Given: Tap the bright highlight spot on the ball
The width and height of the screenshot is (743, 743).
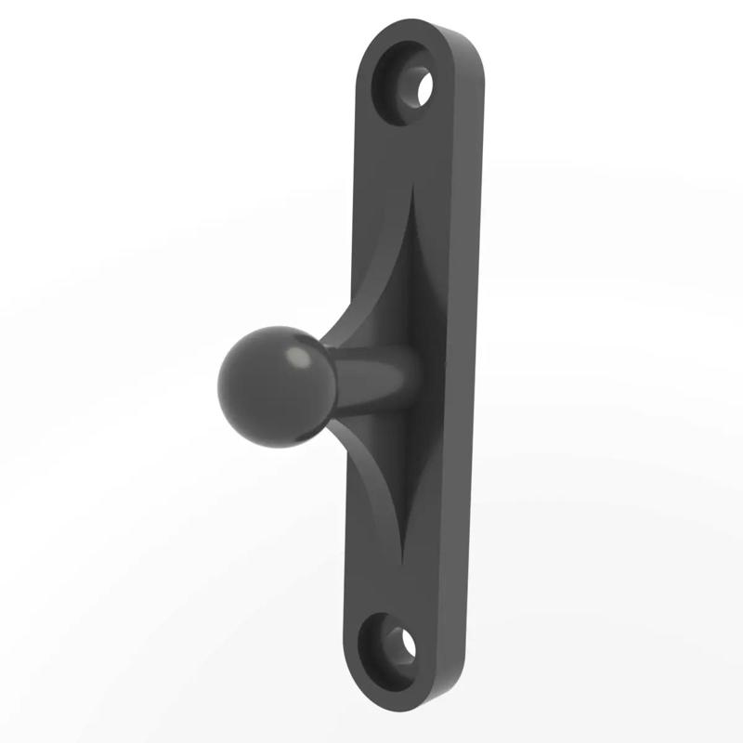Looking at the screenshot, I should click(x=299, y=358).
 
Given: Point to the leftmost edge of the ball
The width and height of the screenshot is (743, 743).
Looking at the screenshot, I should click(x=218, y=386).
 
